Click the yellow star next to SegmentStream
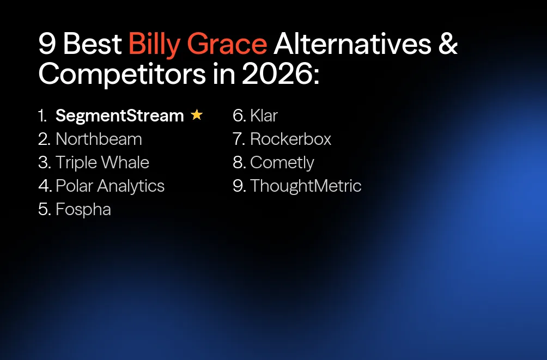(x=197, y=115)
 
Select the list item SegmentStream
(x=120, y=115)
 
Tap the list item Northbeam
(x=99, y=139)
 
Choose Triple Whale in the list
(x=102, y=162)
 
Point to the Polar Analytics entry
(x=110, y=186)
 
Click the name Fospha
(x=83, y=209)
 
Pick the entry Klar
(x=264, y=115)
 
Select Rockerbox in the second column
(x=290, y=139)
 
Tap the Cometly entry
(x=282, y=162)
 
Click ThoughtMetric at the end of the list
(x=306, y=186)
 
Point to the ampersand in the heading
(x=448, y=44)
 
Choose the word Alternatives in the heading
(x=352, y=44)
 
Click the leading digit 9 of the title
(x=47, y=44)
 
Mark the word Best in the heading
(x=92, y=44)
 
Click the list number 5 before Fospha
(x=44, y=209)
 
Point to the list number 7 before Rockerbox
(x=238, y=139)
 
